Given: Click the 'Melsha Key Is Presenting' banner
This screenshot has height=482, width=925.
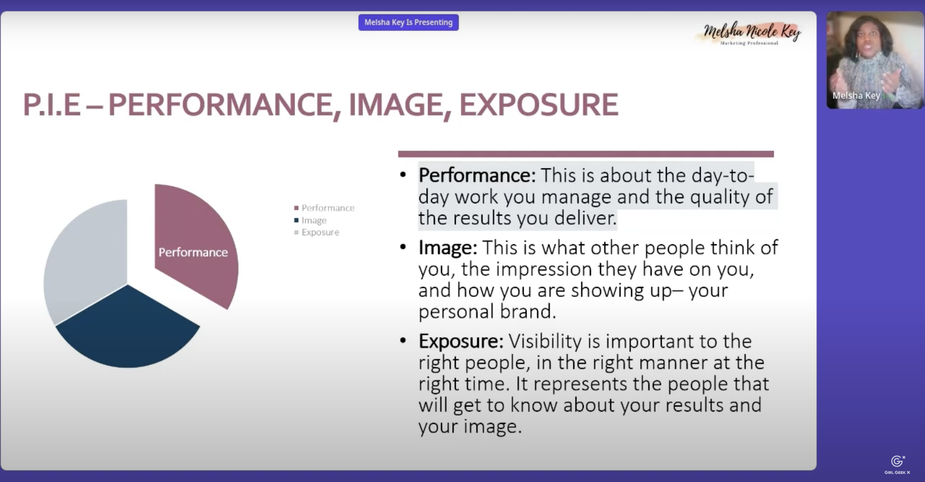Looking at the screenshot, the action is (408, 22).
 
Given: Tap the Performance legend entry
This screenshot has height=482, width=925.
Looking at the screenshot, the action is (324, 208).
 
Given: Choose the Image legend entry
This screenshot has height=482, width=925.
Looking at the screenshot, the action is (310, 220).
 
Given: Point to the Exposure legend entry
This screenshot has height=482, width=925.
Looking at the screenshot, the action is (316, 232).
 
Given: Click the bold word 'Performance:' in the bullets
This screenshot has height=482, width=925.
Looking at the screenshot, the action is (477, 175).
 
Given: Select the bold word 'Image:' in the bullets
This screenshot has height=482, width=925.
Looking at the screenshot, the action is (448, 247).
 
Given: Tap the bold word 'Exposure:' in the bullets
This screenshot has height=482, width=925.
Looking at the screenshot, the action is (461, 341).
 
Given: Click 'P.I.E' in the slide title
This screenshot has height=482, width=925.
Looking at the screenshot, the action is (52, 104).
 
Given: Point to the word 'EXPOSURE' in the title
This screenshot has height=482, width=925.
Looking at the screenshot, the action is (539, 104).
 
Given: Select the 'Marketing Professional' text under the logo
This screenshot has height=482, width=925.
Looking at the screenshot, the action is (749, 43).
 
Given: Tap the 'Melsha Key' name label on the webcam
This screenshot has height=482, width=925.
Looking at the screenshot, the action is (856, 95).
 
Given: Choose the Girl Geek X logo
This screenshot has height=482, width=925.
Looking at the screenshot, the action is (897, 465).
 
